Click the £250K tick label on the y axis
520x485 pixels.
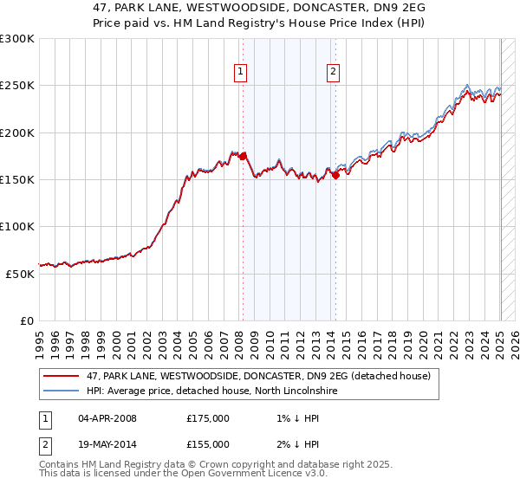[x=17, y=86]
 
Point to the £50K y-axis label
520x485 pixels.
[x=21, y=274]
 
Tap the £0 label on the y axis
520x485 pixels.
[x=28, y=320]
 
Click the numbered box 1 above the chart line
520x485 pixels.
[x=239, y=73]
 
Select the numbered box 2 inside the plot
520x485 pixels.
[x=333, y=73]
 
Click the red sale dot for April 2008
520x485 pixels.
[x=243, y=156]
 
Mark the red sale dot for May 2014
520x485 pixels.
[x=335, y=175]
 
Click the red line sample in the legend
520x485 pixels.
[x=62, y=376]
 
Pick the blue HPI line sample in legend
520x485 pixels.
[x=62, y=391]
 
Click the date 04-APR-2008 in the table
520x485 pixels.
[x=107, y=418]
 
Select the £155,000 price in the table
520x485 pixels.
[x=208, y=443]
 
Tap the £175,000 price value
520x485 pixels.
[x=208, y=418]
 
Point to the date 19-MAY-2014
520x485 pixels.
[x=108, y=443]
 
